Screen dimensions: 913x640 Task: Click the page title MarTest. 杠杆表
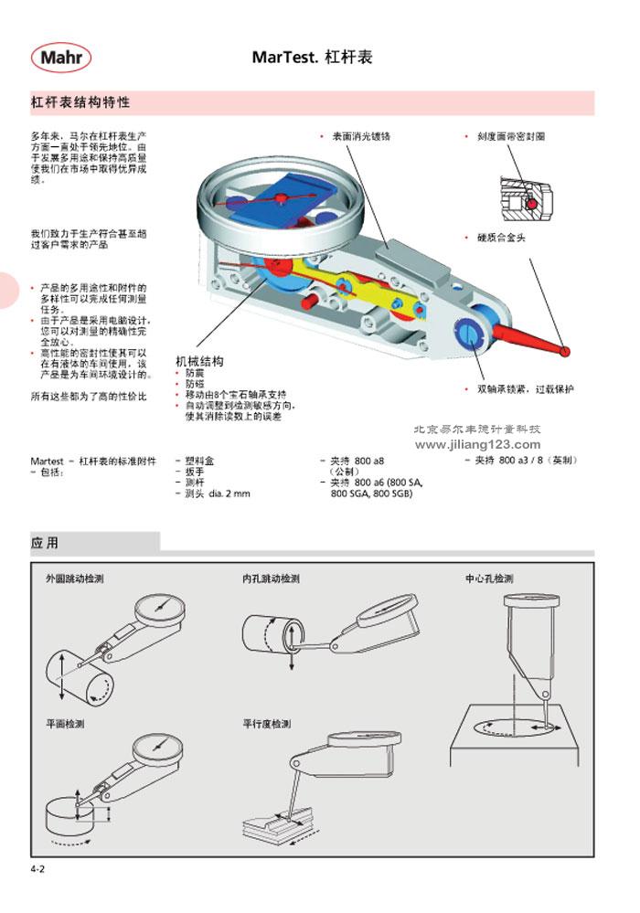312,58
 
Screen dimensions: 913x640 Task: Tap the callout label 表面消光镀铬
361,136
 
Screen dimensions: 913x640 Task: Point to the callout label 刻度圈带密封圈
511,136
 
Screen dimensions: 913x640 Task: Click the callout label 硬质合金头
501,238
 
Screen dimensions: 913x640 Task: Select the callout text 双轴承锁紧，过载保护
526,388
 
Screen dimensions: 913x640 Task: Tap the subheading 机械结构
199,361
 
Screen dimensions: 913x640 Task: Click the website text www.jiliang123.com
479,443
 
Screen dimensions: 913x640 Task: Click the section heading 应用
45,543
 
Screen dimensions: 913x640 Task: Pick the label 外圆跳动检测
75,579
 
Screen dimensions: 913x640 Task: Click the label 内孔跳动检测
272,579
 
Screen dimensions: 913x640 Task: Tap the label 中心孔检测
490,579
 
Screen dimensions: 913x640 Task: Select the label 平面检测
65,723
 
